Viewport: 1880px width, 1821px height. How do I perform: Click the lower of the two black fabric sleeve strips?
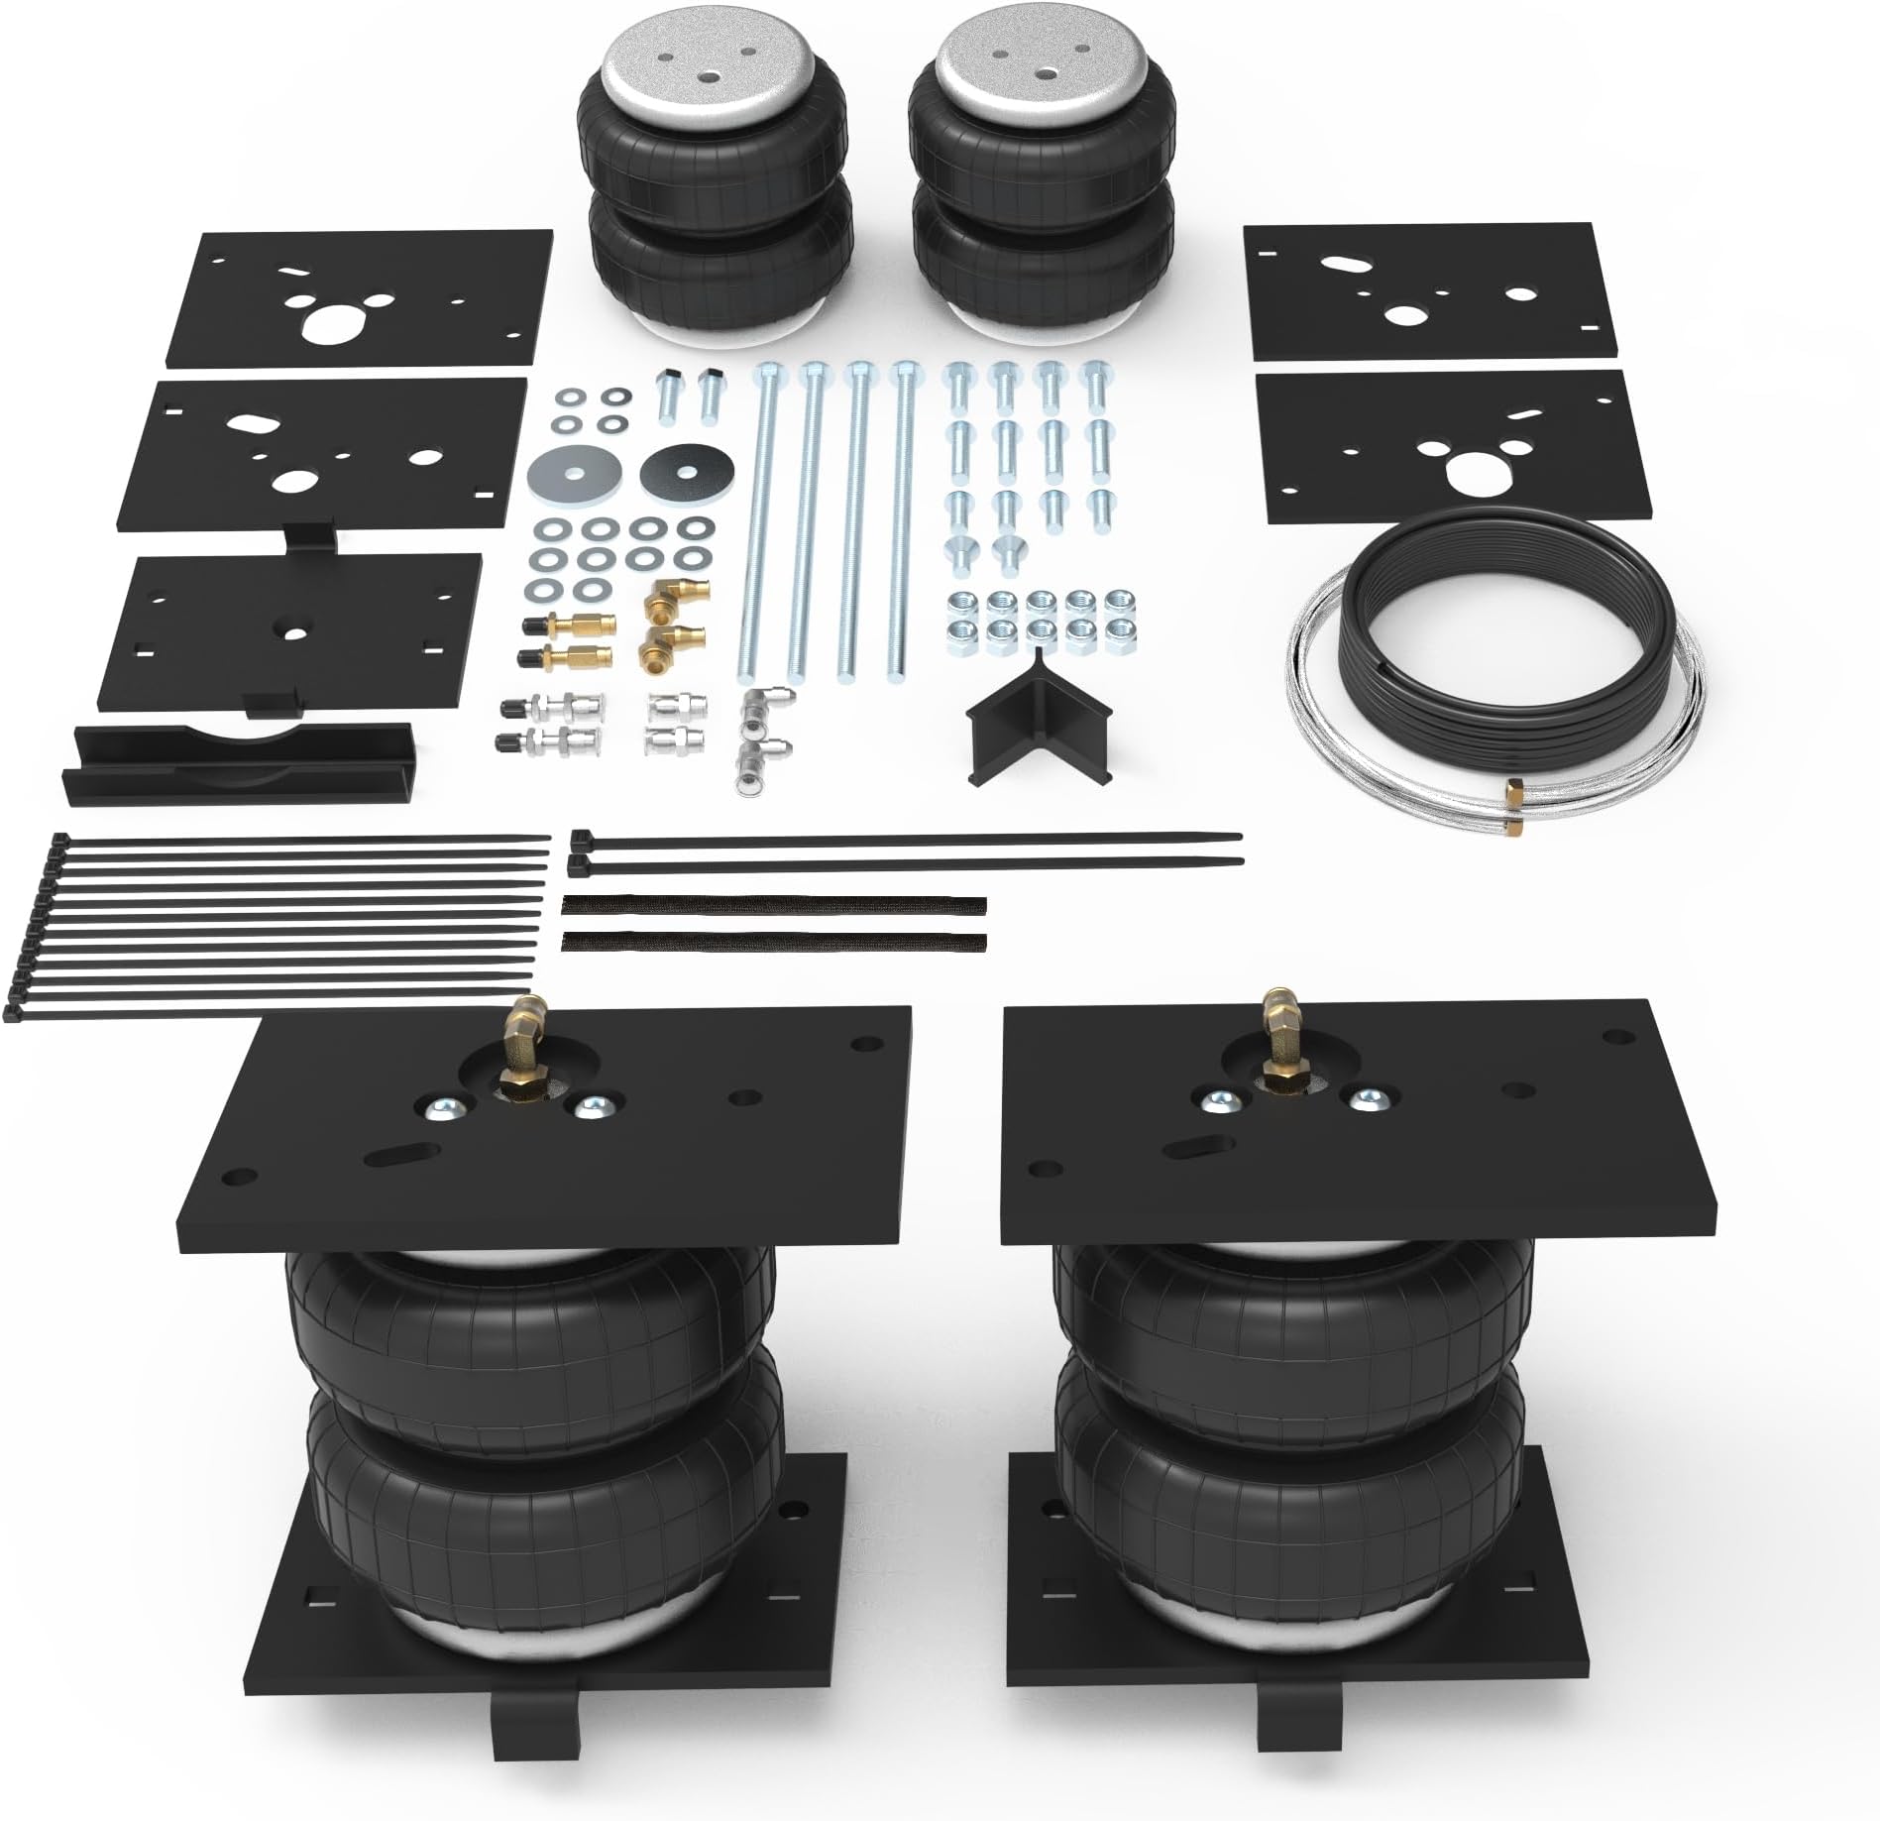(x=773, y=941)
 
